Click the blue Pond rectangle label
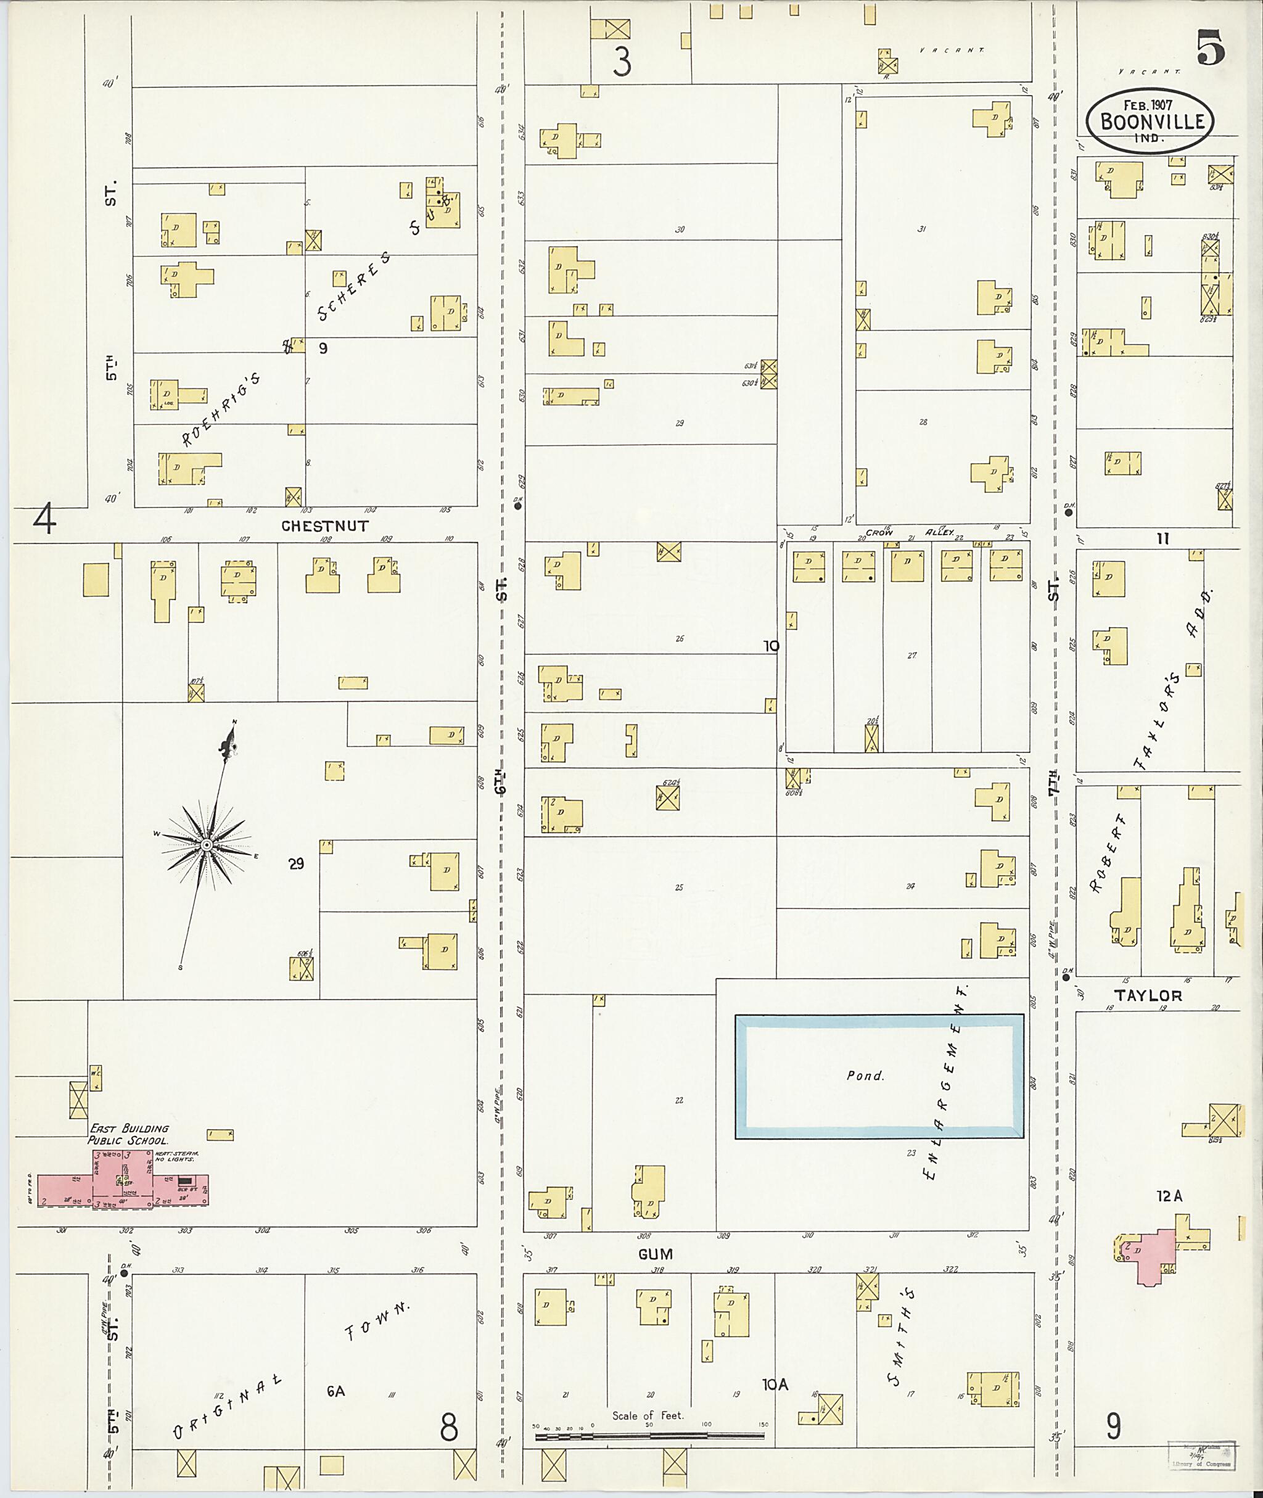coord(866,1076)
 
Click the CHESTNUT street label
coord(325,525)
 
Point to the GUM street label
coord(656,1254)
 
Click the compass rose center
coord(206,845)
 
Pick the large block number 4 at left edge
coord(44,519)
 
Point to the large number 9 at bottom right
coord(1113,1426)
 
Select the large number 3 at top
coord(622,62)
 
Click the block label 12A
coord(1169,1196)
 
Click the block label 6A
coord(336,1391)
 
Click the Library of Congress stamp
coord(1201,1454)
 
